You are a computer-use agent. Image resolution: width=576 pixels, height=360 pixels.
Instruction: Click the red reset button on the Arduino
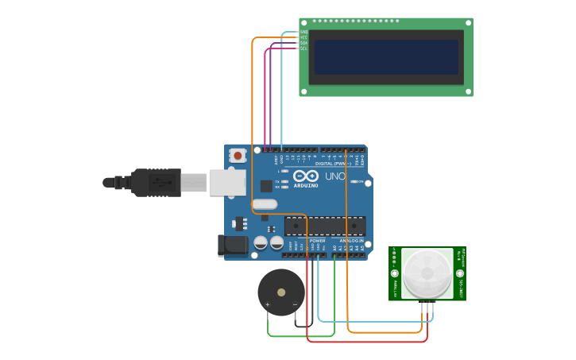click(237, 157)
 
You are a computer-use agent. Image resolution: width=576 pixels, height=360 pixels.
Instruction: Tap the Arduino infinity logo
click(305, 176)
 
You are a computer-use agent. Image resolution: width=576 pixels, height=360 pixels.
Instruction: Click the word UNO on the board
click(335, 176)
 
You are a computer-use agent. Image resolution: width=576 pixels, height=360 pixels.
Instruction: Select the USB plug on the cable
click(159, 183)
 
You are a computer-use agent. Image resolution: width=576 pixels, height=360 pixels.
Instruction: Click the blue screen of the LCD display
click(385, 57)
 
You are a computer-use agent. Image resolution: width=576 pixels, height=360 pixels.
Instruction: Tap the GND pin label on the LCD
click(303, 32)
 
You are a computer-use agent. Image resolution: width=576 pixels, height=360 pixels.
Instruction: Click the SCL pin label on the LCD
click(303, 48)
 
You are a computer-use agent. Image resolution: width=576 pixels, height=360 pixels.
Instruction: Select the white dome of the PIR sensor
click(427, 273)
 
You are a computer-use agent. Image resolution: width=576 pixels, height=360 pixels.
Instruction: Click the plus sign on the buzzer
click(268, 304)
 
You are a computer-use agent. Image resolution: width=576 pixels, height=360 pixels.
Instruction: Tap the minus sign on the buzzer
click(295, 304)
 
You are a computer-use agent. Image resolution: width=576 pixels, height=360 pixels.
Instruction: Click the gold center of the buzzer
click(281, 292)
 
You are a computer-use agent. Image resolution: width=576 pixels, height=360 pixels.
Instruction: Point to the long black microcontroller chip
click(325, 226)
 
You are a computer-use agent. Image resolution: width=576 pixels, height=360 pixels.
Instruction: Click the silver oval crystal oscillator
click(265, 204)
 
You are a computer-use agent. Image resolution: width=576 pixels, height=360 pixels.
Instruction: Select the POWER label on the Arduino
click(317, 240)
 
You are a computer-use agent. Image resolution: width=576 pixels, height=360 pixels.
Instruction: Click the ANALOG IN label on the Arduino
click(351, 240)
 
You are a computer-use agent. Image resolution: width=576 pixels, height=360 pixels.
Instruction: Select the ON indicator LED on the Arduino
click(353, 181)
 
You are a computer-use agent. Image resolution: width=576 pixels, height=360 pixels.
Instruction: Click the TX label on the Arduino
click(277, 181)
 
